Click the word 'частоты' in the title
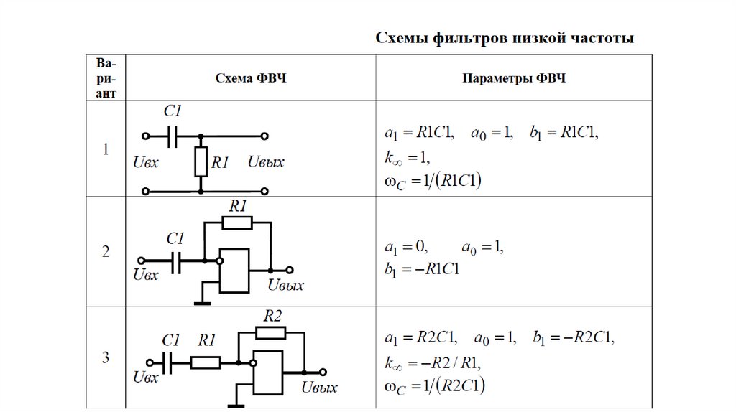click(x=602, y=38)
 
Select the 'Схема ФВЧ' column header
click(x=251, y=78)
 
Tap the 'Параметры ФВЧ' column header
click(x=514, y=78)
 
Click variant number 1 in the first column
click(x=106, y=149)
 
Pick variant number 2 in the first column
click(x=106, y=252)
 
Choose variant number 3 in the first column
click(x=106, y=357)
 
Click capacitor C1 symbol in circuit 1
click(x=172, y=136)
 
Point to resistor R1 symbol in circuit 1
click(x=201, y=161)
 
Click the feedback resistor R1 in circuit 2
click(x=237, y=223)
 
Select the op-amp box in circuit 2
click(x=234, y=271)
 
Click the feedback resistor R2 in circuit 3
click(x=270, y=333)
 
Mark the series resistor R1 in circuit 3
click(x=205, y=362)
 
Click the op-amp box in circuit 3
click(x=267, y=373)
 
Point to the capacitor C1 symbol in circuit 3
click(x=167, y=362)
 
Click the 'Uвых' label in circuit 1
click(x=266, y=162)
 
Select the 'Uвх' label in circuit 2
click(x=145, y=275)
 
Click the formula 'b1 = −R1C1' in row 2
click(x=421, y=269)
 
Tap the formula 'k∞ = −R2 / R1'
click(x=432, y=363)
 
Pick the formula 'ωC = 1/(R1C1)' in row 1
click(x=433, y=182)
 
